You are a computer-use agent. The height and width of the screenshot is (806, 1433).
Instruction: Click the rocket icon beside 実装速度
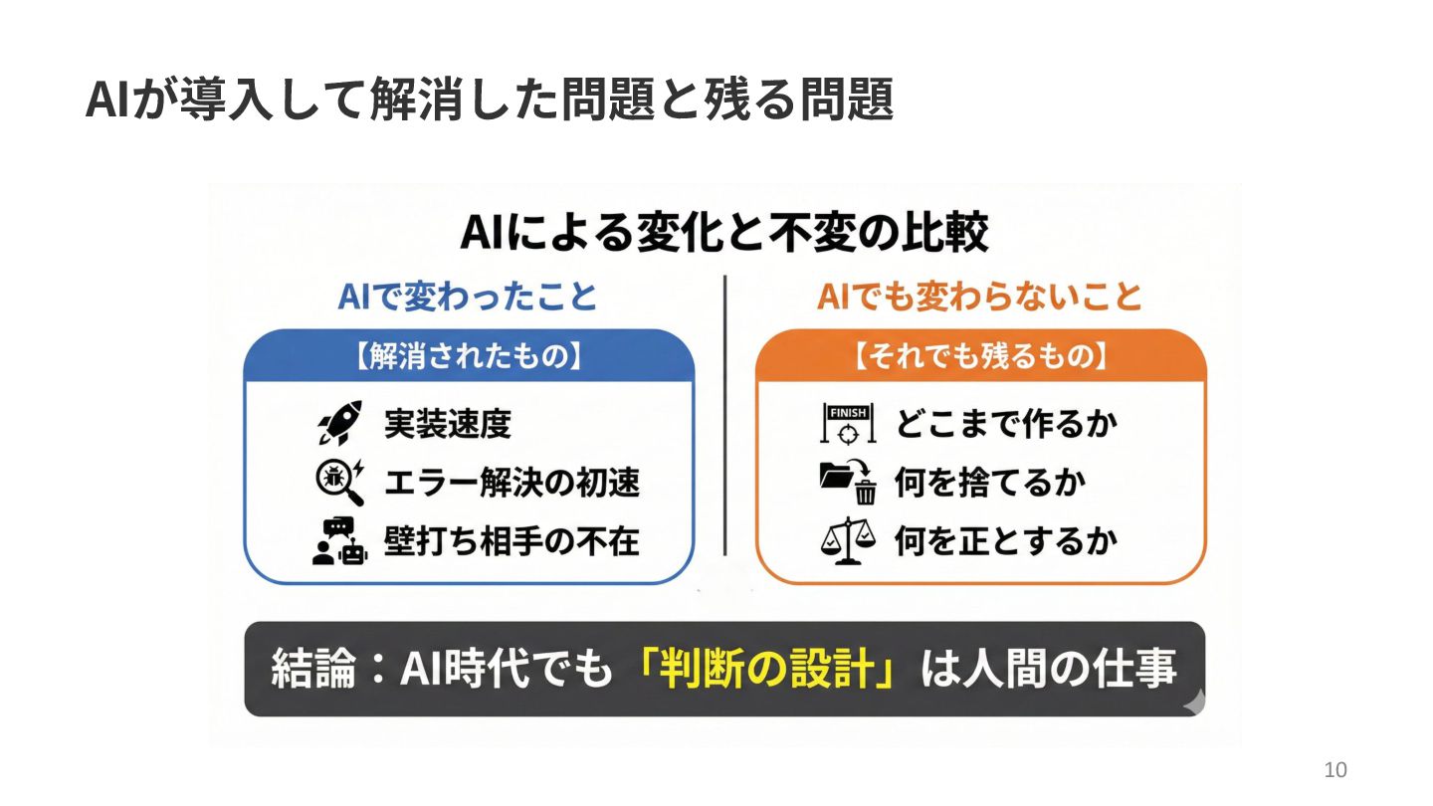click(x=339, y=424)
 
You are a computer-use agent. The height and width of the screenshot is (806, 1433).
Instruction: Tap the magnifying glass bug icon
click(x=339, y=482)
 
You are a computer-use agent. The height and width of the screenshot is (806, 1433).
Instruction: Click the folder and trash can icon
click(x=847, y=482)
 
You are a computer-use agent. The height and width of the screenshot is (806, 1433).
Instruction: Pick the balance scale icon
click(x=847, y=541)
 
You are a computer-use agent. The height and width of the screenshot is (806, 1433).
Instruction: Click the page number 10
click(x=1335, y=770)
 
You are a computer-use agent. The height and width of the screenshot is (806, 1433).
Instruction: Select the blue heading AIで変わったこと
click(x=468, y=297)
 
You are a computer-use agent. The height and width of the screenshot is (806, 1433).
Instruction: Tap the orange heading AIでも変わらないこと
click(x=979, y=297)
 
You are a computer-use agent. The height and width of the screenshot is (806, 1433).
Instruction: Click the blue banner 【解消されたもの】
click(x=469, y=357)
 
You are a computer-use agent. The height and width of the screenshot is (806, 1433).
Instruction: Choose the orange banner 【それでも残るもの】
click(x=980, y=357)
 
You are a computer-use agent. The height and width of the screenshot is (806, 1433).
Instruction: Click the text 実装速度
click(x=448, y=424)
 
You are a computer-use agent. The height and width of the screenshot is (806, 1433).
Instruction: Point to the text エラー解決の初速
click(x=512, y=483)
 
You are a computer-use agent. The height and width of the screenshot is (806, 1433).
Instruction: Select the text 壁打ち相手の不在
click(x=512, y=541)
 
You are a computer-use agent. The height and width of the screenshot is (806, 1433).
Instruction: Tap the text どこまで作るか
click(x=1006, y=424)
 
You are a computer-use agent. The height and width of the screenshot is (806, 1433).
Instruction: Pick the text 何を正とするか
click(x=1006, y=541)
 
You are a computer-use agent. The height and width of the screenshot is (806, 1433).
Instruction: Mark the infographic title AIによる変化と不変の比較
click(x=724, y=235)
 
